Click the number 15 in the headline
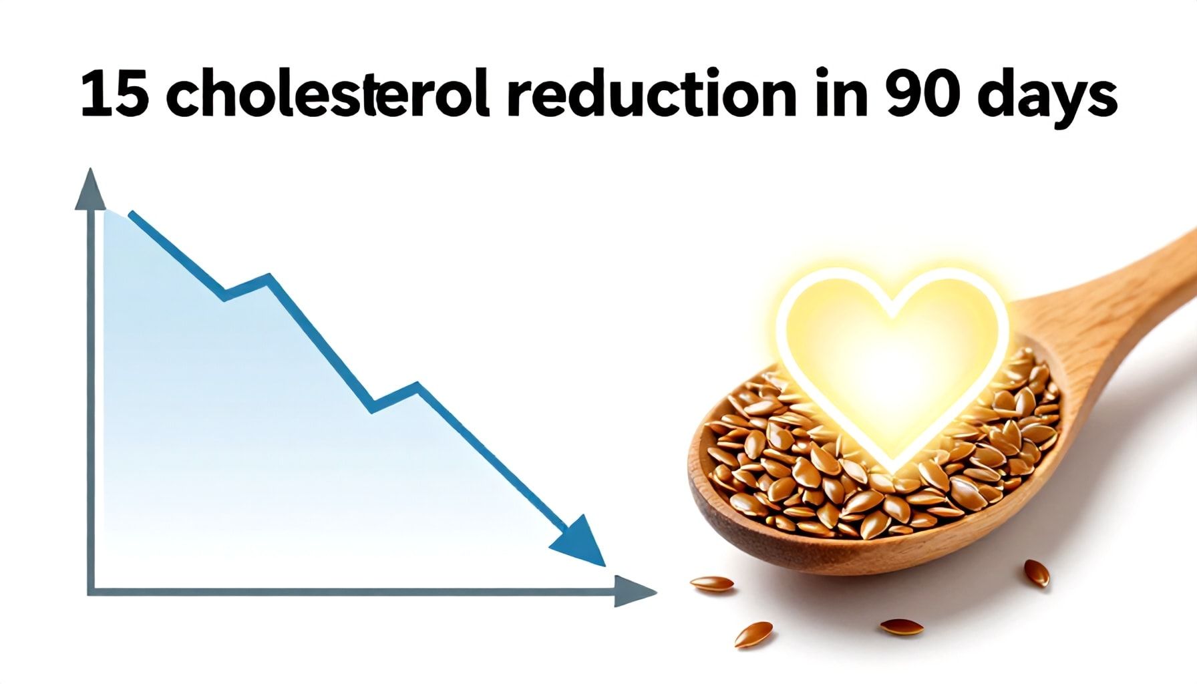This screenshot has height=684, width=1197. click(114, 95)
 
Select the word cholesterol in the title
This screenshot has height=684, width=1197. click(327, 94)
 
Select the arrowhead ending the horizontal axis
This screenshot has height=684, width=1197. click(634, 591)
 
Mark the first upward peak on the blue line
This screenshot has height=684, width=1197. click(269, 277)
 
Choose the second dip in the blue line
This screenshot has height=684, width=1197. click(373, 407)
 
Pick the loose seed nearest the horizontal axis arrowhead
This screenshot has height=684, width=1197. click(711, 584)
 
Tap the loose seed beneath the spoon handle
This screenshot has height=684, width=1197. click(1037, 573)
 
